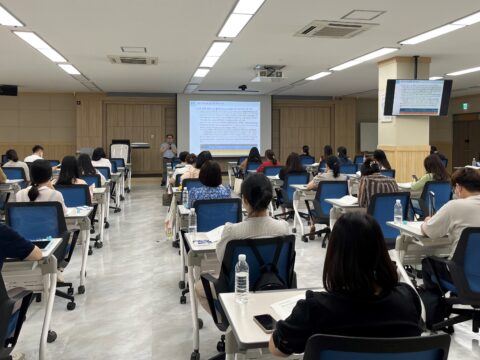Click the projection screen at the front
tap(224, 125)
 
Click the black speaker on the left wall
tap(8, 90)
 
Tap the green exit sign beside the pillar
tap(465, 104)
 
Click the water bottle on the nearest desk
tap(241, 278)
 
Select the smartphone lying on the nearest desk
tap(265, 322)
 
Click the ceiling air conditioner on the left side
tap(133, 59)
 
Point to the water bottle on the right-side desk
tap(398, 211)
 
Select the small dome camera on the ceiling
tap(242, 87)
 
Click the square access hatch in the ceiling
tap(361, 15)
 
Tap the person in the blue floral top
tap(210, 185)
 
